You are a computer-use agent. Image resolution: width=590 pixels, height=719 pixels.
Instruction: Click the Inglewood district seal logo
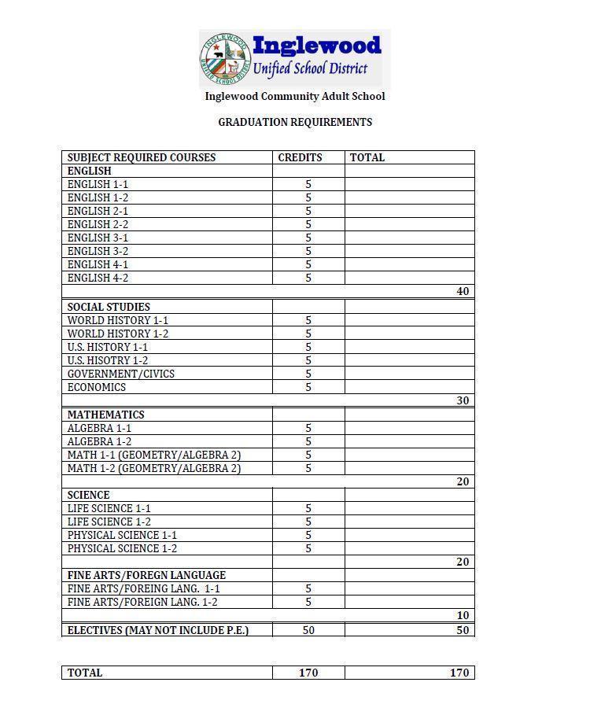tap(224, 59)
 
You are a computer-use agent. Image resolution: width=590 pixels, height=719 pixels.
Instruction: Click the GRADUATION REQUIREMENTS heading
tap(295, 122)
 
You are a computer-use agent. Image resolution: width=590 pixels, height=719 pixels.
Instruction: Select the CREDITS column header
tap(300, 157)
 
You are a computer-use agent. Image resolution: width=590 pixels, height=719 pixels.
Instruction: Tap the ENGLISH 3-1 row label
tap(98, 238)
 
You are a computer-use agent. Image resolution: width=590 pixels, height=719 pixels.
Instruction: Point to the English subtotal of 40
tap(463, 291)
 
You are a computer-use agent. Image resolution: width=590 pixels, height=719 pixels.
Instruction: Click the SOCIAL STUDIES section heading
tap(109, 307)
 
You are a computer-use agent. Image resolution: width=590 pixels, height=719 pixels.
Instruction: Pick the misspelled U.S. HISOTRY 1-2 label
tap(108, 360)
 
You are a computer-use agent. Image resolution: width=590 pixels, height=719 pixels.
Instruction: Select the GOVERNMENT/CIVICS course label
tap(121, 374)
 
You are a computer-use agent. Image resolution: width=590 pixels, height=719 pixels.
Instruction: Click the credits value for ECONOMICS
tap(308, 387)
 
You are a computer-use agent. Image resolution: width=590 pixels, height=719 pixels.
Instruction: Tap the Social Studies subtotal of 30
tap(463, 400)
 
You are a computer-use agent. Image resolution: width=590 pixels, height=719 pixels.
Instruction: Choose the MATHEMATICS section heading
tap(105, 415)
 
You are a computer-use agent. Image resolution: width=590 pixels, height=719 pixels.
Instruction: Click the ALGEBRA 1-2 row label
tap(99, 441)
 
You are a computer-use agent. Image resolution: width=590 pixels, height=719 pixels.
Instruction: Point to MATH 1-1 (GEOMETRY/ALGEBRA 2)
tap(154, 455)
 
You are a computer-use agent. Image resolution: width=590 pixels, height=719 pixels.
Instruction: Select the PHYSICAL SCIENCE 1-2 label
tap(122, 548)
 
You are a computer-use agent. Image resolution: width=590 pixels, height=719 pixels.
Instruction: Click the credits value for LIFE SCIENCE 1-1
tap(308, 508)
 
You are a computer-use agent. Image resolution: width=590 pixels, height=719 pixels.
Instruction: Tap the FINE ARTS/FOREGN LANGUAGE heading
tap(146, 575)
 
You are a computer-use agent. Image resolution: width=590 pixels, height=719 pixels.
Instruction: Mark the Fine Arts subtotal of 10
tap(463, 615)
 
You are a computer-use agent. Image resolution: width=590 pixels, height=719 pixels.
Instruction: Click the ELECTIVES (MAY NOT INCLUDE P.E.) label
tap(158, 630)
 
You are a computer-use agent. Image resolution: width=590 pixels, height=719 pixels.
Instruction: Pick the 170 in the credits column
tap(308, 673)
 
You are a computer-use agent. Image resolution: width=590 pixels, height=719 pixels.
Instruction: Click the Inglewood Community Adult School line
tap(295, 96)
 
